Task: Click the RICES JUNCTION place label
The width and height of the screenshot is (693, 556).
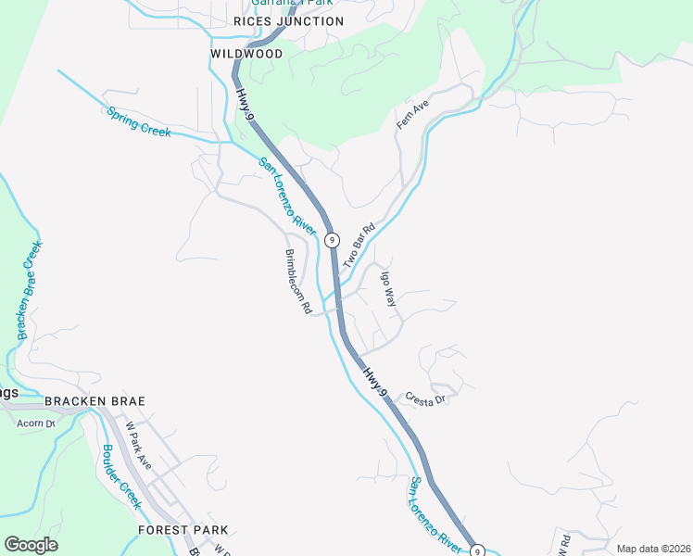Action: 288,21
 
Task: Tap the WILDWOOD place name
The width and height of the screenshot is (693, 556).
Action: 246,55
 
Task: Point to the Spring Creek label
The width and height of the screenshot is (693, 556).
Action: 139,122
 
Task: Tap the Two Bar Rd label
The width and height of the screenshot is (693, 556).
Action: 359,246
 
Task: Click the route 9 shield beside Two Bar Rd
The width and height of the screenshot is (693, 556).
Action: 331,238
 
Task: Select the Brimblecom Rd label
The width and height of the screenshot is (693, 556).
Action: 298,282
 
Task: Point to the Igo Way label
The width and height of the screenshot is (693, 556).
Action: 388,288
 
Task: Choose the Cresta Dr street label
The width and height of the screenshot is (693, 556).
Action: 426,398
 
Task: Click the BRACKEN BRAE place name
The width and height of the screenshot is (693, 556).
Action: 95,401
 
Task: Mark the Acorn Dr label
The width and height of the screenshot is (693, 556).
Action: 37,423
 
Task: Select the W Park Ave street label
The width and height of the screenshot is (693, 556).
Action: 138,445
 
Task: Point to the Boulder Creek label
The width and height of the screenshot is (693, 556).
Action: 121,477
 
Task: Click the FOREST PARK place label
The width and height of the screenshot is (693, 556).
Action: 183,530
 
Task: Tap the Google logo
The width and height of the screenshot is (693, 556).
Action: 31,545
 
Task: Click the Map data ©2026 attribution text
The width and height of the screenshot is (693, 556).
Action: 652,549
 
